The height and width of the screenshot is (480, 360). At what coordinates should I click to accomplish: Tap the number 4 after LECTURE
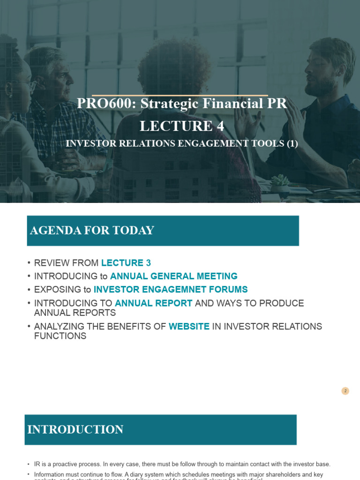point(220,126)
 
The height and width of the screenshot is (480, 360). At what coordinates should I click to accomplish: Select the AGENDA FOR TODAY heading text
point(92,231)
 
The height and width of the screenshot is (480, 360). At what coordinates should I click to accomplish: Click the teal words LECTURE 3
point(126,263)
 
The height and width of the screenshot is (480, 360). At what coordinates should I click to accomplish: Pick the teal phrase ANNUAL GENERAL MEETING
point(174,276)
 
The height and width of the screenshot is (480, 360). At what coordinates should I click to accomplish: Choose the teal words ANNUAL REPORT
point(154,303)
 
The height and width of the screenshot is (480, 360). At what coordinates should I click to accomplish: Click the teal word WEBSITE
point(189,326)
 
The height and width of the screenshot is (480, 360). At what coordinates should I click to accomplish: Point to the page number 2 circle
point(345,391)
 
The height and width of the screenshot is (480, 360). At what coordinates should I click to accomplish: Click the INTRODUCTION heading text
point(75,429)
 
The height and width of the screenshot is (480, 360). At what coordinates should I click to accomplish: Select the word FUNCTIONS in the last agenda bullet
point(60,336)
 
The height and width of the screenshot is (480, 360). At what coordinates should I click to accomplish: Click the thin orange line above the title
point(180,95)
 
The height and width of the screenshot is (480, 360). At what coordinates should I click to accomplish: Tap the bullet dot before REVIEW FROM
point(29,263)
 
